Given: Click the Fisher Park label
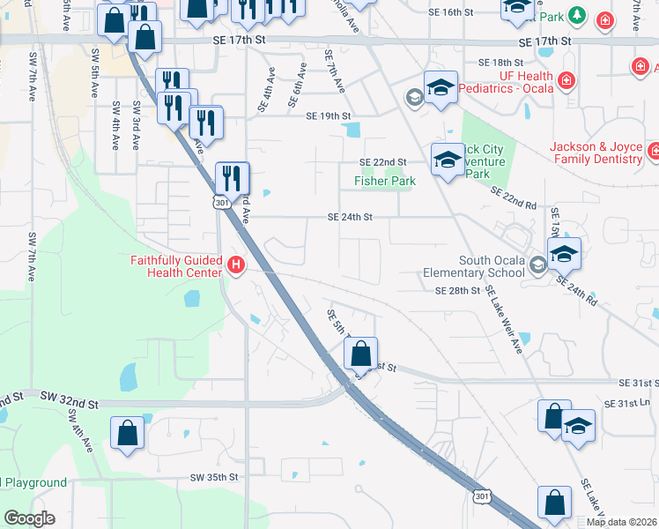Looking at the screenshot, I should click(384, 182).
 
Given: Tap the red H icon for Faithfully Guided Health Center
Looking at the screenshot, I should click(235, 264).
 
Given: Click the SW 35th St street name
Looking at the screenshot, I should click(214, 477).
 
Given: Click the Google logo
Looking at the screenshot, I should click(29, 518).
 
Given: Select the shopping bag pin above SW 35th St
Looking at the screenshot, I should click(128, 433).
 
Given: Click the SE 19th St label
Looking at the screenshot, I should click(329, 116).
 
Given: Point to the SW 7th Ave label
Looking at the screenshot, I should click(32, 256).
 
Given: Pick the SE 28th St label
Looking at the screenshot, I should click(456, 290).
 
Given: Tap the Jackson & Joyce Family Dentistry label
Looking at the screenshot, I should click(596, 153).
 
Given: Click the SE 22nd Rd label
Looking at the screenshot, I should click(514, 198).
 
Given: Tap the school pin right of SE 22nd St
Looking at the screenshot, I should click(448, 160).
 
